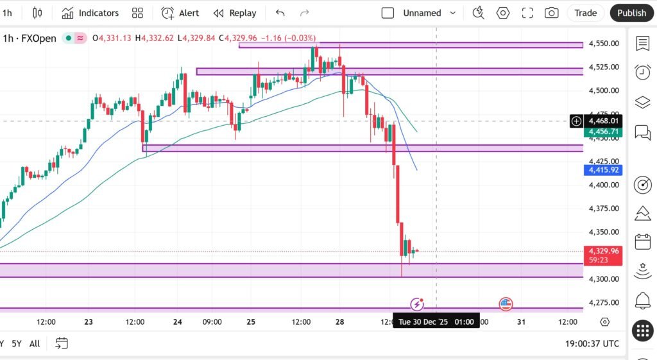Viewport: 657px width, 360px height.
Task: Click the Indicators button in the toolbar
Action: [x=90, y=13]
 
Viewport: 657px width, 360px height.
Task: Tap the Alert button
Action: [x=180, y=13]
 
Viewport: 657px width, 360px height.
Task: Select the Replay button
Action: [x=235, y=13]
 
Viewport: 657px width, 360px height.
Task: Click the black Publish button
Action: [x=631, y=13]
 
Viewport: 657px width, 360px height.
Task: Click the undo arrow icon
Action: [x=280, y=13]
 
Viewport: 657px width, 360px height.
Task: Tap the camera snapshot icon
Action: [x=551, y=13]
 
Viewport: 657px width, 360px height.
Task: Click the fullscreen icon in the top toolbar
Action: [x=527, y=13]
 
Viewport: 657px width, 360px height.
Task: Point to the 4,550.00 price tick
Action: [x=603, y=44]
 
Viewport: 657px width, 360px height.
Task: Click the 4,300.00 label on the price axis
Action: [x=603, y=279]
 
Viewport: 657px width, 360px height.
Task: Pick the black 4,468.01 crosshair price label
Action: [x=603, y=121]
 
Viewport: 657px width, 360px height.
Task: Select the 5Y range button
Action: [x=17, y=344]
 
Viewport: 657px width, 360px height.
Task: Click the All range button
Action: [x=35, y=344]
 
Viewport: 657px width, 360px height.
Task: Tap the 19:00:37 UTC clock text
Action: [x=592, y=344]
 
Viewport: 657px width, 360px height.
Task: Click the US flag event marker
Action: [x=506, y=304]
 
